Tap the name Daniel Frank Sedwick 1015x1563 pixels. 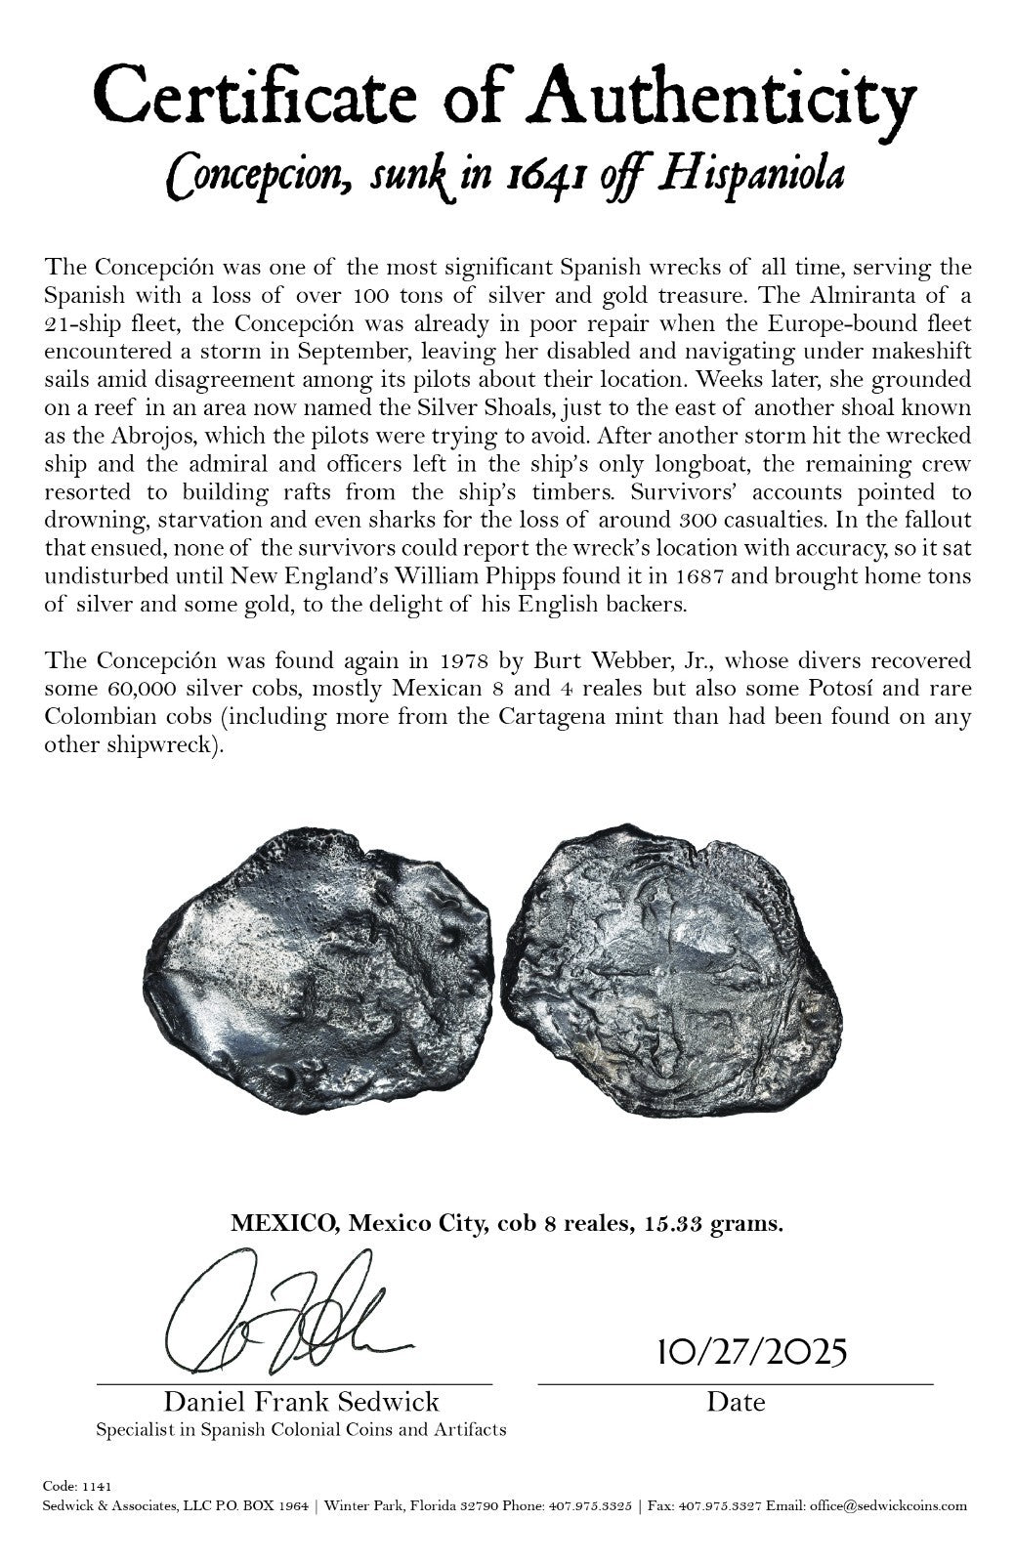point(301,1403)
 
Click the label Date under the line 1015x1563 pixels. point(736,1403)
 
